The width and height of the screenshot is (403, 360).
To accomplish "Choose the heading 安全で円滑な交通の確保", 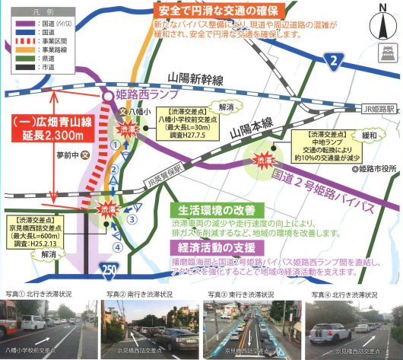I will point(221,13).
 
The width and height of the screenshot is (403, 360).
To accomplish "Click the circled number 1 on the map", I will point(116,143).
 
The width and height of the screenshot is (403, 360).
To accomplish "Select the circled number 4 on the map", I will point(116,247).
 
